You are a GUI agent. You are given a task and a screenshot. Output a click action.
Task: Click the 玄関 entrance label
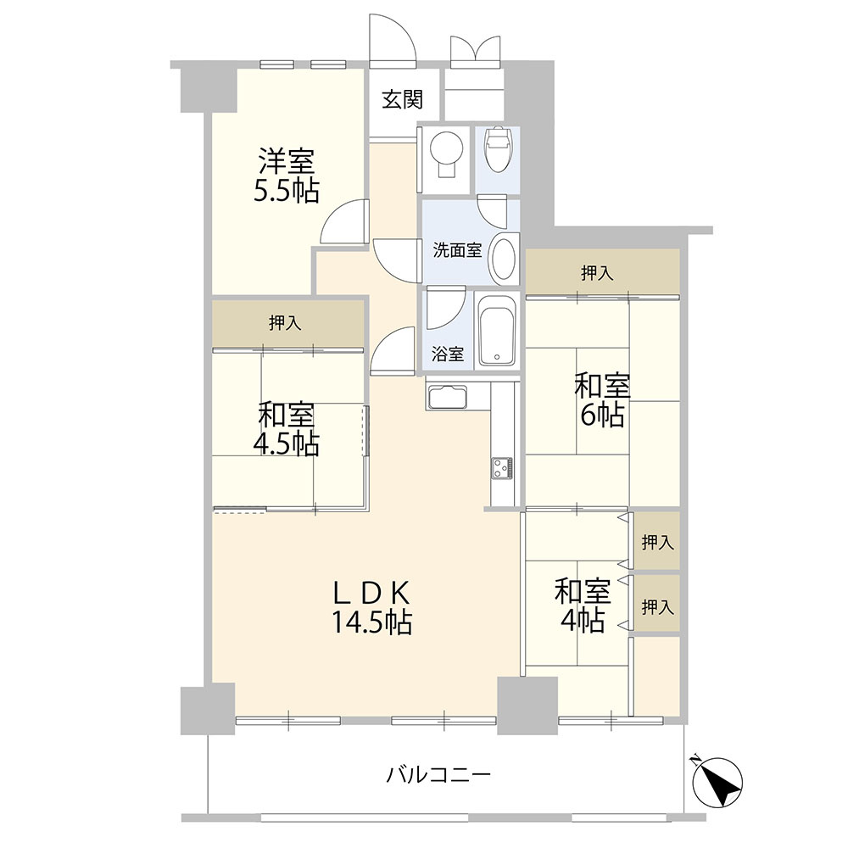402,99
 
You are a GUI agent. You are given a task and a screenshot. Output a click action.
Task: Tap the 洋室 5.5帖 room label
286,175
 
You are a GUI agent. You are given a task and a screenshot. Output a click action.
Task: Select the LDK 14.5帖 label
372,607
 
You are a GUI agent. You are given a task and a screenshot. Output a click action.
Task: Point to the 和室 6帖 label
602,401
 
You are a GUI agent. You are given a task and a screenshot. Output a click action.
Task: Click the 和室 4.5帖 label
286,429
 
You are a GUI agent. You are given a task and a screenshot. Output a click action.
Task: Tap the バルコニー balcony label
438,776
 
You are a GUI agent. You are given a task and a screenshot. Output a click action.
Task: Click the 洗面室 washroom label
457,250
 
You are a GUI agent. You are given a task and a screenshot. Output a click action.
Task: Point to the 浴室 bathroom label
447,354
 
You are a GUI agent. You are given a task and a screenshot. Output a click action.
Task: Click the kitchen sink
447,397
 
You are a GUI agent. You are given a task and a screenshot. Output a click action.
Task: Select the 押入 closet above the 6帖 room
602,272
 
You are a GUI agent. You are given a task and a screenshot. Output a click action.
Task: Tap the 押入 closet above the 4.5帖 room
287,324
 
